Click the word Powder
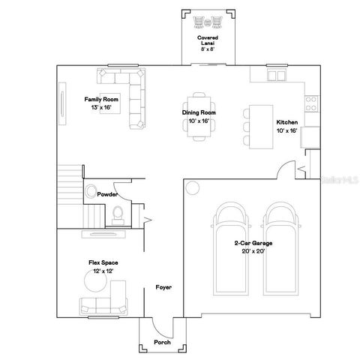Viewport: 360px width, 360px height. click(x=107, y=193)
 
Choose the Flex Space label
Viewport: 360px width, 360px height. click(x=102, y=262)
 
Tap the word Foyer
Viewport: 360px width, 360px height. click(x=163, y=287)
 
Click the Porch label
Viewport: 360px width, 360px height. click(x=162, y=343)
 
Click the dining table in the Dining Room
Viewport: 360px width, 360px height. click(x=200, y=115)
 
